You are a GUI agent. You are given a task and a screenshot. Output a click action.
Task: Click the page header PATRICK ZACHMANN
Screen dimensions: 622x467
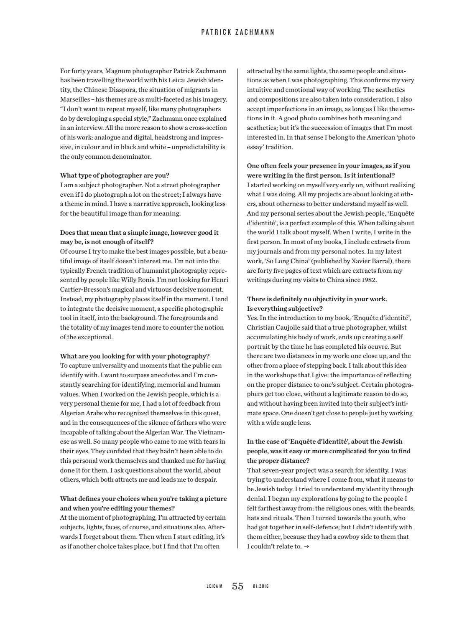pos(238,32)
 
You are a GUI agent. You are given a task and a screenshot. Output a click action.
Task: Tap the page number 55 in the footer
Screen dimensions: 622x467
pos(237,586)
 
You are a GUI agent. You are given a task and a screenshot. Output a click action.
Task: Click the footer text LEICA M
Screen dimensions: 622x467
pos(214,586)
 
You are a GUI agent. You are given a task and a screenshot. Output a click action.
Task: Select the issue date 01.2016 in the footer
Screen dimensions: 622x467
pos(261,586)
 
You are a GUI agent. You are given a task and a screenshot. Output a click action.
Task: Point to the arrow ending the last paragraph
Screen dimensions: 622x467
pos(307,546)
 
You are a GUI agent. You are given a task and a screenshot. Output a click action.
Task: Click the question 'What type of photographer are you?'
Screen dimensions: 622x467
pos(115,175)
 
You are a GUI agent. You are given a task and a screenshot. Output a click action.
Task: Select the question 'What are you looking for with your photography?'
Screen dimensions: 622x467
pos(135,356)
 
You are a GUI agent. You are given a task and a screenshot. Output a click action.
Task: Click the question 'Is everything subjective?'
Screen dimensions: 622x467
pos(285,309)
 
